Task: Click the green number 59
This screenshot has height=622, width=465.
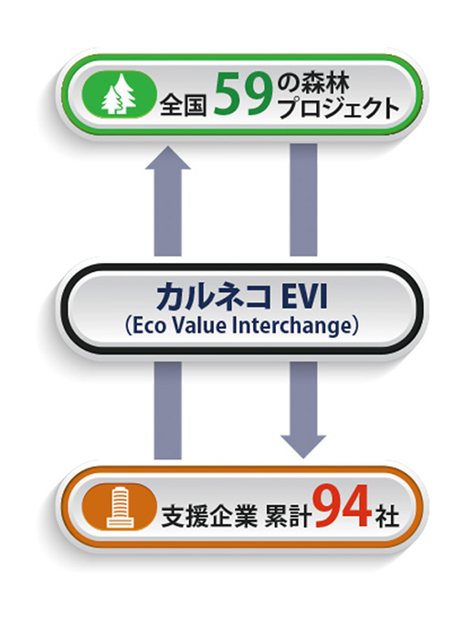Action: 243,96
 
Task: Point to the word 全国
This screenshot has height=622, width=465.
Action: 184,106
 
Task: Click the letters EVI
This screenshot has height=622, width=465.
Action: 305,297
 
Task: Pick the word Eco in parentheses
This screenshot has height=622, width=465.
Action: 149,326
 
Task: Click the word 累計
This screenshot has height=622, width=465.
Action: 288,516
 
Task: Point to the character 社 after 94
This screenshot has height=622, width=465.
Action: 387,516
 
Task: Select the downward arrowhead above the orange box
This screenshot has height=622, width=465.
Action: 303,447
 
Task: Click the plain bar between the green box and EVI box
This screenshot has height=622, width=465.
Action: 303,199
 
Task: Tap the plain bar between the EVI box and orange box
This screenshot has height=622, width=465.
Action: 168,411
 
